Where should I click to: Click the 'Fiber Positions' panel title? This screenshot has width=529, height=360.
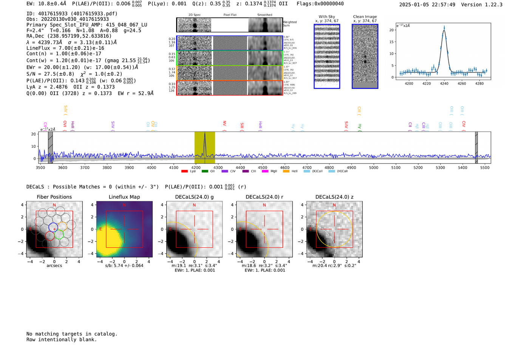[x=54, y=197]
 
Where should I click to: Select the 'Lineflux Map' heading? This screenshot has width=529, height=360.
[x=124, y=197]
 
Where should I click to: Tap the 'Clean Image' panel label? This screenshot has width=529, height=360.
[x=365, y=17]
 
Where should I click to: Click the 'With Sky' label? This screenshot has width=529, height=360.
[x=327, y=17]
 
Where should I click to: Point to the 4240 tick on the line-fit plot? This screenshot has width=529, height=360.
[x=444, y=83]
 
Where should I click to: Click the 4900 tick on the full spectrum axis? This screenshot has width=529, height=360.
[x=351, y=167]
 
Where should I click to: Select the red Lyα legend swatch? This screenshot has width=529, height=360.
[x=185, y=172]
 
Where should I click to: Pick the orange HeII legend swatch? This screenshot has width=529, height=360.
[x=286, y=172]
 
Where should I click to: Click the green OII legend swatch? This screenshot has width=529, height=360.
[x=205, y=172]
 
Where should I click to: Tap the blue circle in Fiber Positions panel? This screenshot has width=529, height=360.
[x=53, y=227]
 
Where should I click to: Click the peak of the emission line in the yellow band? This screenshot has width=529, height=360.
[x=205, y=133]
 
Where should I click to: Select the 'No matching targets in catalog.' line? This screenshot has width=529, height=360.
[x=72, y=334]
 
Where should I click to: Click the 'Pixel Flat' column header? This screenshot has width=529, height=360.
[x=230, y=15]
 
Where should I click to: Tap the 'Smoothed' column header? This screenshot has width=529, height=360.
[x=264, y=15]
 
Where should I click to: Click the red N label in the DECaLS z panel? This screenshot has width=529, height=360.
[x=334, y=205]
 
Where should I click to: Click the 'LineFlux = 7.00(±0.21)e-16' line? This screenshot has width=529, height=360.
[x=65, y=48]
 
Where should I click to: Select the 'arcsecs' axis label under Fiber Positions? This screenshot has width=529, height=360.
[x=54, y=266]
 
